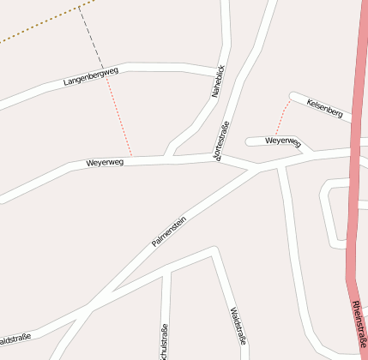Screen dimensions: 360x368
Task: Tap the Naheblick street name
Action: [218, 81]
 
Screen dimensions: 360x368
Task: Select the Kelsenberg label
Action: [324, 108]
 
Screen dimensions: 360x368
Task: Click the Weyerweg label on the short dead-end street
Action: [282, 141]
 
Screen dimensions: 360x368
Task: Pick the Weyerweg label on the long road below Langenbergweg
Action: [105, 162]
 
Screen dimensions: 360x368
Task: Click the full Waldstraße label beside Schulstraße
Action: [238, 326]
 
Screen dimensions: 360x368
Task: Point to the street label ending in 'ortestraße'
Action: [223, 142]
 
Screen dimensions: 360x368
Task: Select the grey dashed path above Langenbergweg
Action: [90, 35]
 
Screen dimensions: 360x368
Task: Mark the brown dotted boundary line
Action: [34, 27]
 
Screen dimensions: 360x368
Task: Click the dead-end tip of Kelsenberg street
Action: [293, 96]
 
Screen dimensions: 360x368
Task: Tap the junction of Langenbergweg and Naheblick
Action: [224, 71]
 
